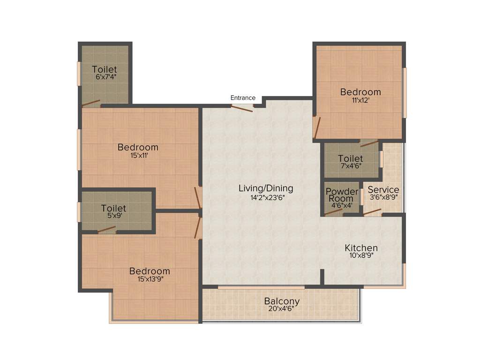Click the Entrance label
243,98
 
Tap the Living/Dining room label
266,188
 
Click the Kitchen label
361,248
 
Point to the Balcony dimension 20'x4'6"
282,309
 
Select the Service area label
383,190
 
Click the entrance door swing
242,108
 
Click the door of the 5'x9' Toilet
106,229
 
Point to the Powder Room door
333,211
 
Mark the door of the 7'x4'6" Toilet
369,143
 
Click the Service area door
373,212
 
